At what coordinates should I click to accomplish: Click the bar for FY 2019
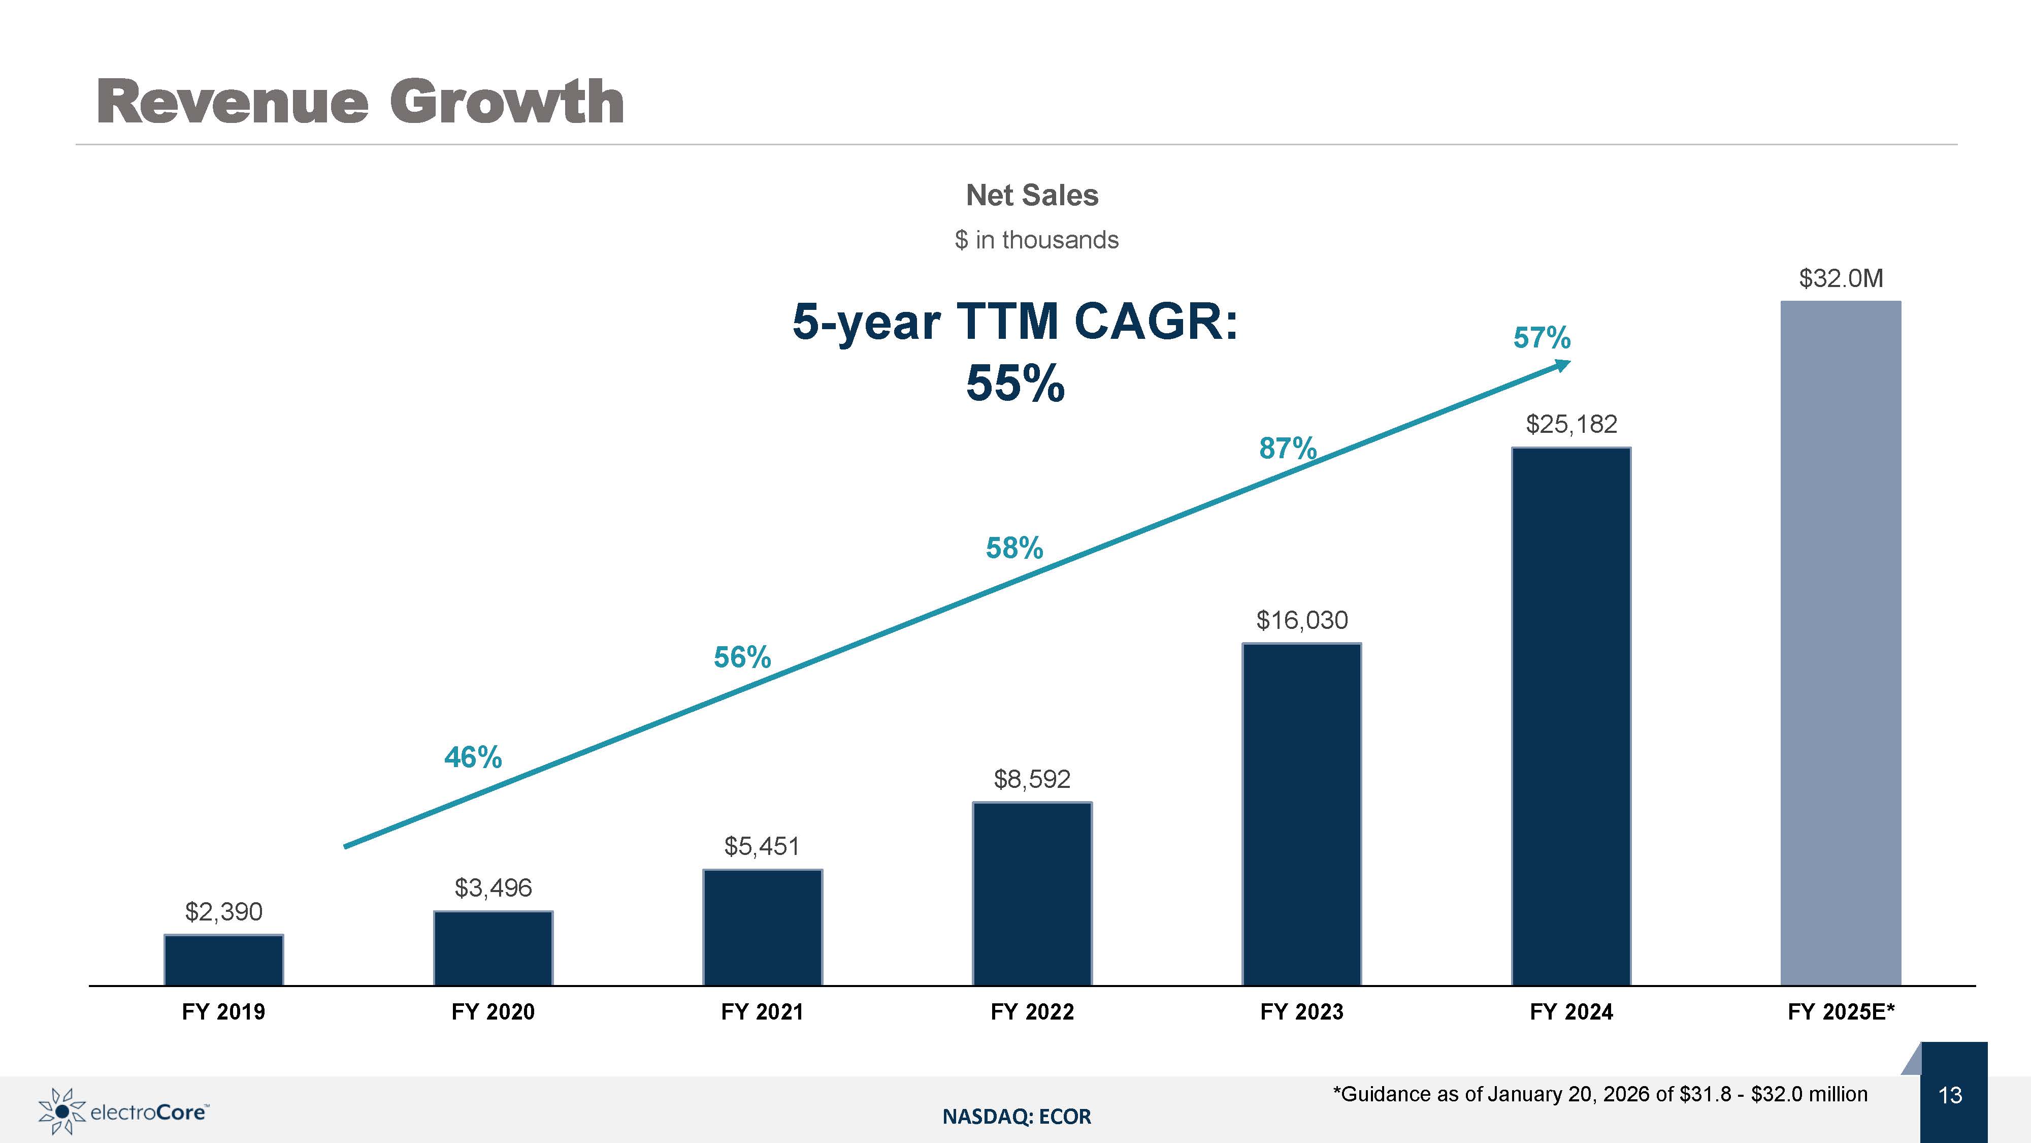click(224, 960)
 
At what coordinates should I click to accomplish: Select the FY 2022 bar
click(1032, 894)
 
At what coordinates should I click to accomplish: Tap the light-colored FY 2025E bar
click(1841, 643)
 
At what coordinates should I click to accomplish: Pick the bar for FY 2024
click(1571, 716)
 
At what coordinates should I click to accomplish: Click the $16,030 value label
click(1302, 620)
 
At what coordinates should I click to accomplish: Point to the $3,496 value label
click(494, 888)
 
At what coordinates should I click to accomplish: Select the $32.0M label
click(1841, 278)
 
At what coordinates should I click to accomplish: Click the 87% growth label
click(1288, 448)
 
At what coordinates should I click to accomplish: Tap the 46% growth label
click(473, 757)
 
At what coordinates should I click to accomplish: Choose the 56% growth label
click(742, 657)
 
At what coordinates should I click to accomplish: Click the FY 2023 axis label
click(1302, 1012)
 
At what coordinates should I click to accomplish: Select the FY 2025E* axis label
click(1841, 1012)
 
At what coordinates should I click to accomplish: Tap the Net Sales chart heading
click(1032, 195)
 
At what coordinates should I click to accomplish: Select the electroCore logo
click(124, 1112)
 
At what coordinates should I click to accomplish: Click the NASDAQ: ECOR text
click(1017, 1116)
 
